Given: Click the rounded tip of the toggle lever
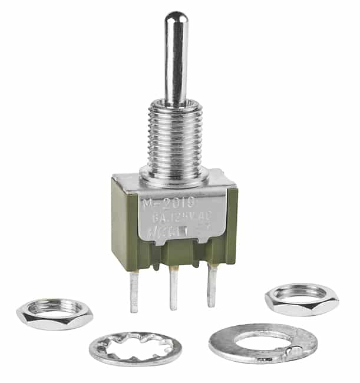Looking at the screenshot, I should pos(176,18).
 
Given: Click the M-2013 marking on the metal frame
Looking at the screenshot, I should pos(163,204).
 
